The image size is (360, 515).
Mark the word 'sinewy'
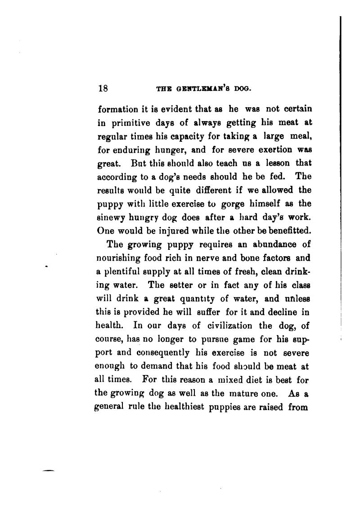111,217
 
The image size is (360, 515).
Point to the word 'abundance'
272,245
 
